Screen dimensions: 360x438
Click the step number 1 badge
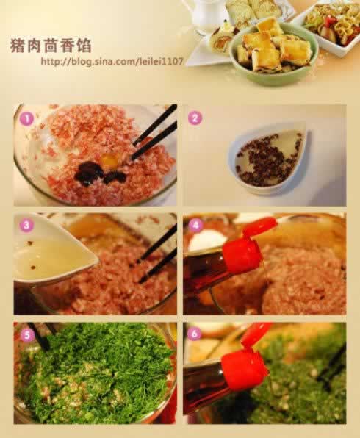pos(26,119)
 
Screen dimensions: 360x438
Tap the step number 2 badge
pos(195,118)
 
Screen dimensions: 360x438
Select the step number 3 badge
pos(26,225)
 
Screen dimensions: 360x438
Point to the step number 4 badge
pos(195,225)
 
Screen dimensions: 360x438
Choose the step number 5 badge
pos(26,334)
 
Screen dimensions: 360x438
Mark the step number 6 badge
pos(195,333)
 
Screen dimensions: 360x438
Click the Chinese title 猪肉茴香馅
pos(51,46)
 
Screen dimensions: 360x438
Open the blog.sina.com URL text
pos(112,61)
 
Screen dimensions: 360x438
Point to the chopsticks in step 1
pos(154,133)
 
